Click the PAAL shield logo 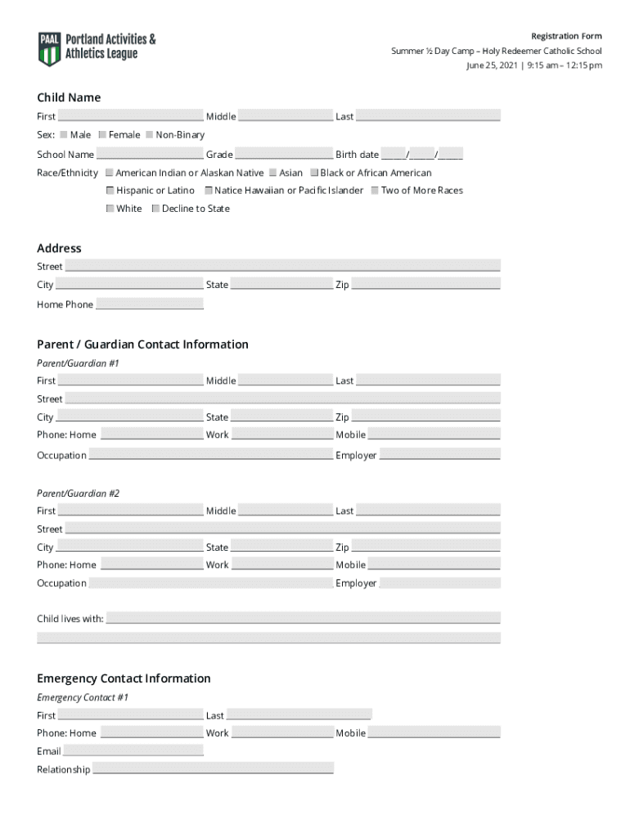point(50,48)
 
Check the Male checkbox point(64,134)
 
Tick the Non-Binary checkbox point(150,134)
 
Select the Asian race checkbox point(272,173)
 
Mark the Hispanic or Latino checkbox point(110,190)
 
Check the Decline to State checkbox point(155,208)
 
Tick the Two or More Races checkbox point(374,190)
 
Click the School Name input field point(150,154)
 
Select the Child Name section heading point(69,97)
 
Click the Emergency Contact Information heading point(124,678)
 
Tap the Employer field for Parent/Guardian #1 point(439,454)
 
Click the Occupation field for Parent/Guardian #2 point(210,583)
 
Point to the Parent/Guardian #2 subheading point(78,493)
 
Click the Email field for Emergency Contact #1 point(133,750)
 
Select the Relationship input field point(213,768)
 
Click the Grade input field point(284,154)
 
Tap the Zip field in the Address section point(425,284)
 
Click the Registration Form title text point(566,36)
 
